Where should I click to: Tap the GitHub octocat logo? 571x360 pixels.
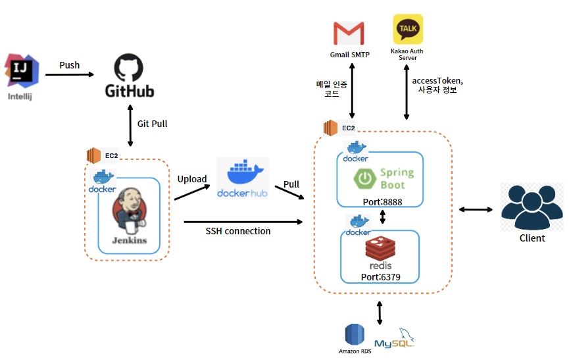pyautogui.click(x=130, y=68)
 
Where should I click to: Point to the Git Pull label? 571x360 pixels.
pyautogui.click(x=152, y=124)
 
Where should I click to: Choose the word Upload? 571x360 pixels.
pyautogui.click(x=192, y=179)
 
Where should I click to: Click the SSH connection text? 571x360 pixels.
pyautogui.click(x=238, y=232)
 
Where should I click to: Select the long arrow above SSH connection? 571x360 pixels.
pyautogui.click(x=244, y=222)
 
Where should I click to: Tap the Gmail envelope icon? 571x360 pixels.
pyautogui.click(x=348, y=33)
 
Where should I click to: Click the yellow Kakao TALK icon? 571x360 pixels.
pyautogui.click(x=408, y=30)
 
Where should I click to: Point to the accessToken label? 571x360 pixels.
pyautogui.click(x=437, y=80)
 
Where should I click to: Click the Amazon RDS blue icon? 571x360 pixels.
pyautogui.click(x=355, y=334)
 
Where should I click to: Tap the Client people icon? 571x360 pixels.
pyautogui.click(x=532, y=207)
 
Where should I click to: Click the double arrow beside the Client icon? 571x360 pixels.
pyautogui.click(x=476, y=209)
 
